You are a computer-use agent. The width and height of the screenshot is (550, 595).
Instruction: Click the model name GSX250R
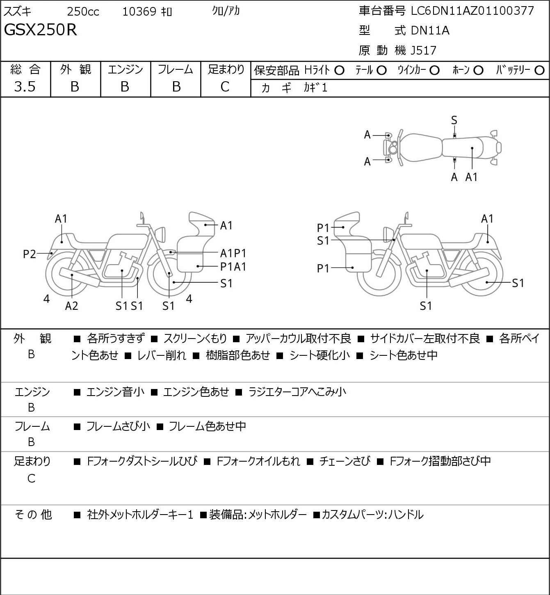(x=41, y=30)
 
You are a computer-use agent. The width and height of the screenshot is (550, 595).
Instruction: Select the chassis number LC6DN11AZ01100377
(x=472, y=11)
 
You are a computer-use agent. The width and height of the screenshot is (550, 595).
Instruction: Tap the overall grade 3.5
(x=25, y=87)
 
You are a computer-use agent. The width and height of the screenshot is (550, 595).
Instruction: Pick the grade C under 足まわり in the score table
(x=225, y=87)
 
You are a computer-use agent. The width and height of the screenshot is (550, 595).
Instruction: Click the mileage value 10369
(x=139, y=11)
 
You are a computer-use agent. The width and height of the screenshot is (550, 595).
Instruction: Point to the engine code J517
(x=423, y=50)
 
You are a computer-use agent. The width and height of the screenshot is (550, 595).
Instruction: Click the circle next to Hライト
(x=339, y=71)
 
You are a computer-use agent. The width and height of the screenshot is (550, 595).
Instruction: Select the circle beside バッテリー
(x=539, y=71)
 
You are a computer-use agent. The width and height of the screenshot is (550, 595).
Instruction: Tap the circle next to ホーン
(x=478, y=71)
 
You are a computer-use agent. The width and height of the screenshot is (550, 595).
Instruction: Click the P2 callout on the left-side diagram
(x=30, y=254)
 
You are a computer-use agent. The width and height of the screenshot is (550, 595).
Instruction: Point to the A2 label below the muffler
(x=72, y=306)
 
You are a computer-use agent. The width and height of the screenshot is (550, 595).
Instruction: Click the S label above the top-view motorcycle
(x=454, y=120)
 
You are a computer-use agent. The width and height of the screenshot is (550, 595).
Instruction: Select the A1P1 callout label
(x=233, y=254)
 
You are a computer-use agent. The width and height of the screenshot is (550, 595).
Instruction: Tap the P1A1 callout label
(x=233, y=267)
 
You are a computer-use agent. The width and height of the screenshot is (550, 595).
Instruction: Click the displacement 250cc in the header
(x=83, y=11)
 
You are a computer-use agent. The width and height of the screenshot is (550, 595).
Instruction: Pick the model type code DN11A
(x=430, y=30)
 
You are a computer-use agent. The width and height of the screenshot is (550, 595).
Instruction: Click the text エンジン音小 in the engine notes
(x=115, y=392)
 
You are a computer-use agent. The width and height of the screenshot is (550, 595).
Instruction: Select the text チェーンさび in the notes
(x=345, y=461)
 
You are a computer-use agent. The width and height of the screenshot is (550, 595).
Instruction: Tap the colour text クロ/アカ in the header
(x=226, y=11)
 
